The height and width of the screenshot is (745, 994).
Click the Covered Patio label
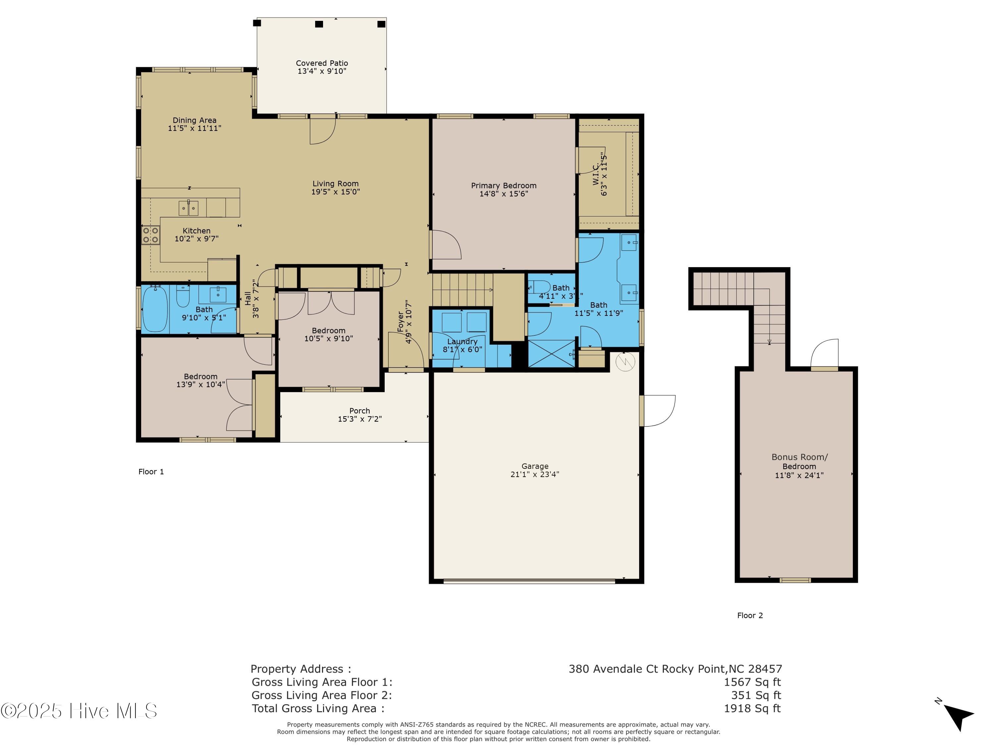click(x=322, y=63)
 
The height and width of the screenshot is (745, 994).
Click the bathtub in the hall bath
click(x=155, y=309)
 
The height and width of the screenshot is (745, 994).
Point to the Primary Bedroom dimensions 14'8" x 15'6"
click(x=504, y=194)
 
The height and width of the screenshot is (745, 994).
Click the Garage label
click(x=535, y=466)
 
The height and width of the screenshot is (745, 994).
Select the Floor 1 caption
click(x=151, y=472)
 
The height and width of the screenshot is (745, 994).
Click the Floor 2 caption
click(x=750, y=615)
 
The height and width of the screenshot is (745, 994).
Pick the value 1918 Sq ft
click(x=752, y=708)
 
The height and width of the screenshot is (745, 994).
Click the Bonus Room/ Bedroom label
click(x=800, y=462)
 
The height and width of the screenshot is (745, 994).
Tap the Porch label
click(x=359, y=411)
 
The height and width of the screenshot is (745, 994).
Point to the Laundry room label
click(x=463, y=342)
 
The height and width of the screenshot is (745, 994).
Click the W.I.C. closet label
click(x=596, y=174)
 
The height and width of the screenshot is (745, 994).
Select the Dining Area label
click(x=194, y=120)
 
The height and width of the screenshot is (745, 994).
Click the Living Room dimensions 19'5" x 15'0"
click(x=336, y=192)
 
